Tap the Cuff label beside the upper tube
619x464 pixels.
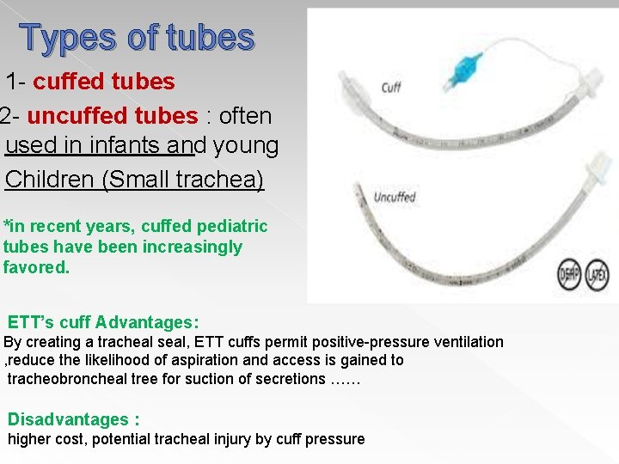(391, 87)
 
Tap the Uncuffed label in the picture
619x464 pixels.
(395, 197)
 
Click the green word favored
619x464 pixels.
(36, 268)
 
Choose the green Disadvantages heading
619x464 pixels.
(73, 420)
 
